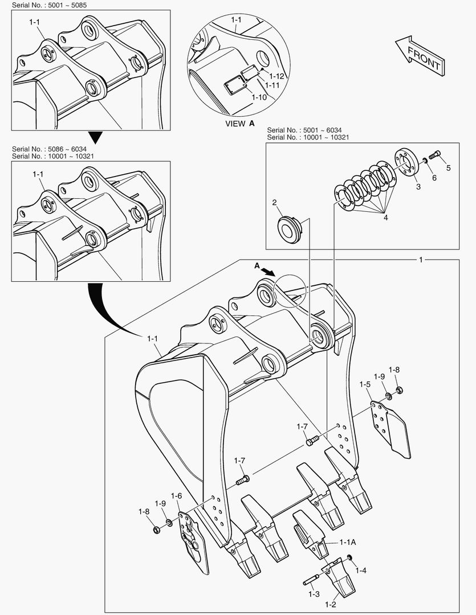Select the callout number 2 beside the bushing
274,202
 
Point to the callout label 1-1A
348,543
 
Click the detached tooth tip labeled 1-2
339,581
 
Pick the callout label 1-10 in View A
259,97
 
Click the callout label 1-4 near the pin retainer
361,570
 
